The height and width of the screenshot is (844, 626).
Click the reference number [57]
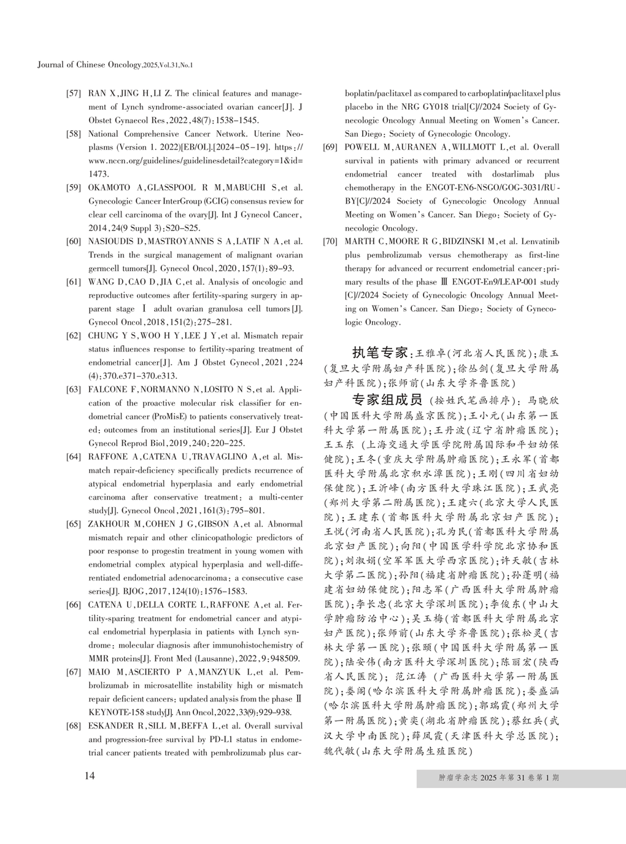74,94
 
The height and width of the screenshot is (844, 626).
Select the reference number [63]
74,390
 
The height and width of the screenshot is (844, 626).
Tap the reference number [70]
330,242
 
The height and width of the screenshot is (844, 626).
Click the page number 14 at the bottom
90,776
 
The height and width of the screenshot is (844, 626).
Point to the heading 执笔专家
380,353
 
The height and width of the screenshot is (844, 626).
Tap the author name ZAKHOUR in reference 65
107,524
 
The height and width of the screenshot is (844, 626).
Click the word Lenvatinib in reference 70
541,242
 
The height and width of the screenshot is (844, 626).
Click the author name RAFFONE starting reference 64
107,457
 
